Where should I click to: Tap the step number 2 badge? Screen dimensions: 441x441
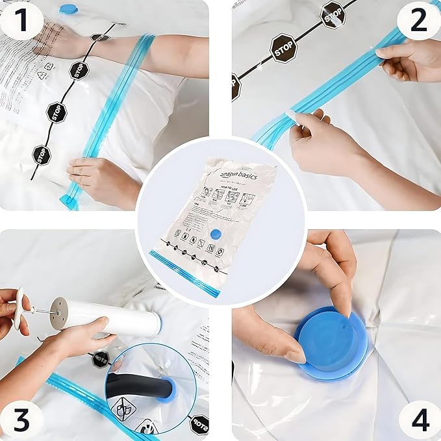[419, 21]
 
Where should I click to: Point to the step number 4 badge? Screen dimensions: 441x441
[419, 419]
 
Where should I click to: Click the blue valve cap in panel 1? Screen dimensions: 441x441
[68, 8]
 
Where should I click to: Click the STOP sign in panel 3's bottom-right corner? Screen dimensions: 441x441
[199, 424]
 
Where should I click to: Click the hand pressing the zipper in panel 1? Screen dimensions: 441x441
[101, 179]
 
